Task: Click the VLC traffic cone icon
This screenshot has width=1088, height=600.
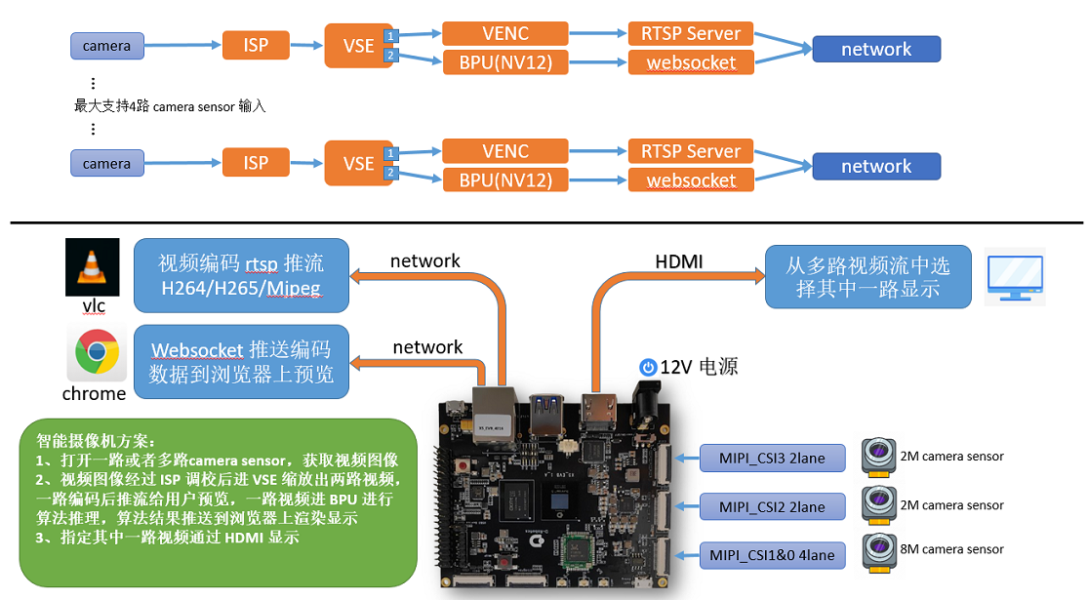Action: click(93, 267)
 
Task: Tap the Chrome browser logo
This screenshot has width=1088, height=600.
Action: click(98, 351)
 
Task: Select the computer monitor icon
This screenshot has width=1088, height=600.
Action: click(1015, 277)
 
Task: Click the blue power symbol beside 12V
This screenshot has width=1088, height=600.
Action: click(648, 367)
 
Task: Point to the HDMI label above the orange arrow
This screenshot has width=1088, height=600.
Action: click(678, 261)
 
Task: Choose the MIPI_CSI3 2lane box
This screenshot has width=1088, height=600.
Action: click(772, 458)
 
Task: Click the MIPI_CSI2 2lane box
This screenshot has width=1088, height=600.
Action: click(772, 506)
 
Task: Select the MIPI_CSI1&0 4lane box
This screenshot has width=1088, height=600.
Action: click(772, 555)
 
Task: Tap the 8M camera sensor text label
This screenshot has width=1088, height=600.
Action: click(952, 549)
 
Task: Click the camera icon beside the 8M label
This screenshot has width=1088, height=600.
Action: click(878, 553)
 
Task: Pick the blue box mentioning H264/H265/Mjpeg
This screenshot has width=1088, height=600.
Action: click(241, 275)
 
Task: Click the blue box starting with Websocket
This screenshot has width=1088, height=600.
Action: click(241, 361)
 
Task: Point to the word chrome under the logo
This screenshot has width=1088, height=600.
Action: click(95, 393)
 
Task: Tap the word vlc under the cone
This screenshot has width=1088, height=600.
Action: click(94, 306)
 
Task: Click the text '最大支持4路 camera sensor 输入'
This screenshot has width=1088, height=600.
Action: click(170, 106)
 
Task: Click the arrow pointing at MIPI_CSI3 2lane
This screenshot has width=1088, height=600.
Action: click(687, 458)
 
